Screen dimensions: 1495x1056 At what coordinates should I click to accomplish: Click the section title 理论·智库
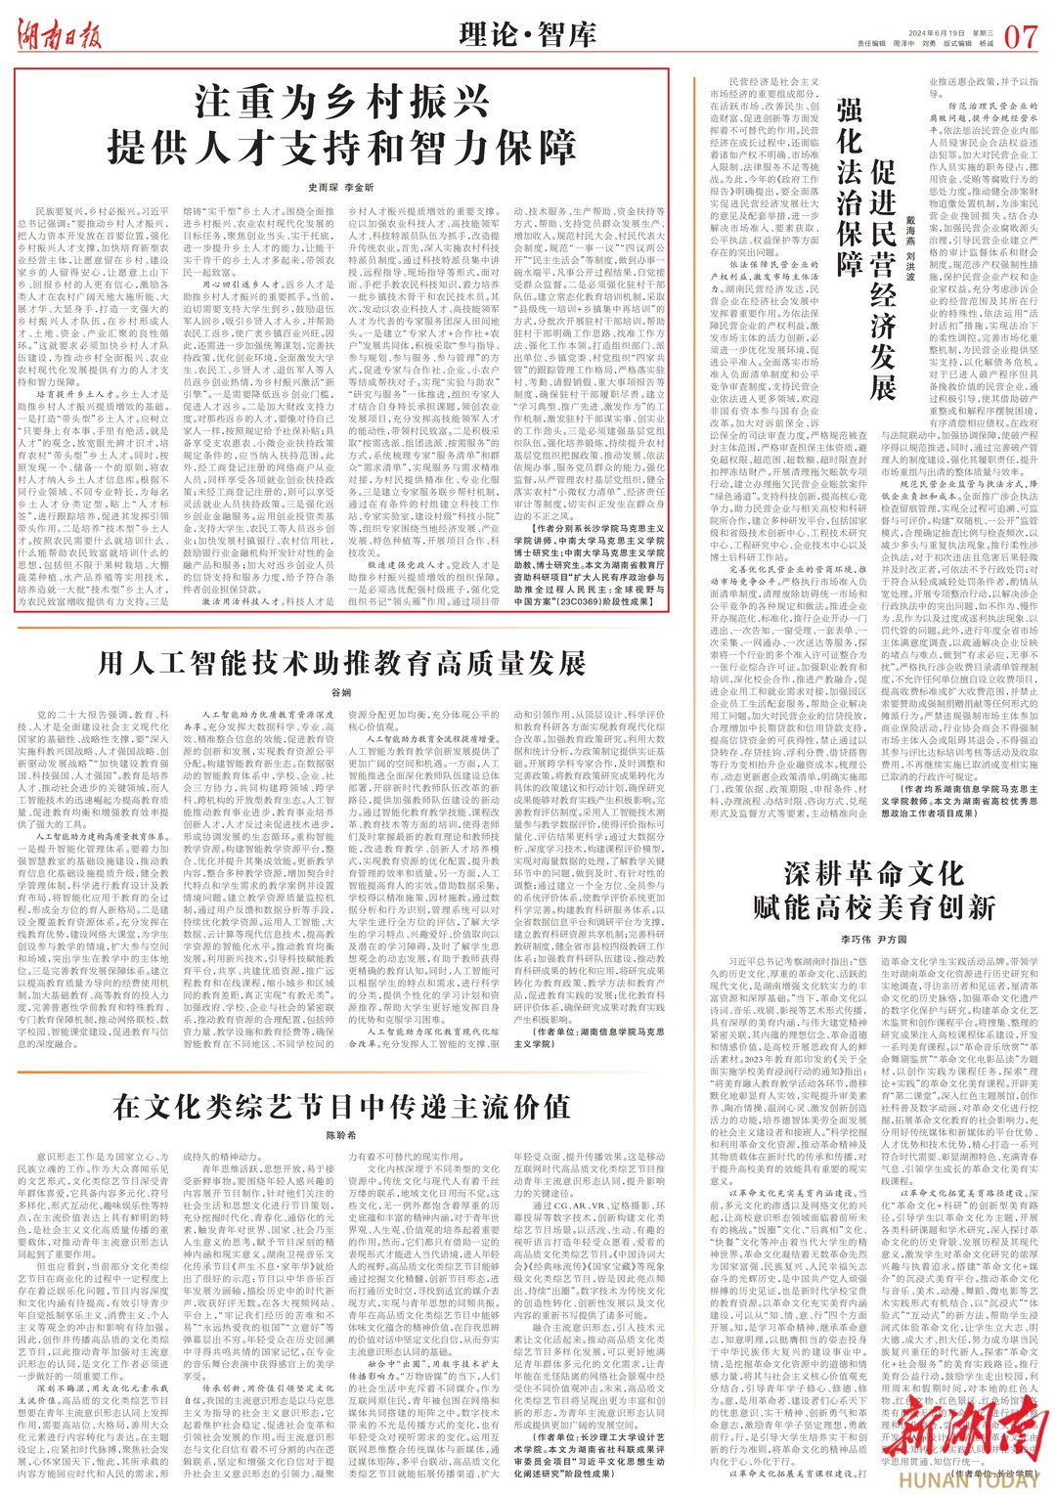(x=527, y=35)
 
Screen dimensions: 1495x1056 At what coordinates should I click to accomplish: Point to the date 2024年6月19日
(x=890, y=29)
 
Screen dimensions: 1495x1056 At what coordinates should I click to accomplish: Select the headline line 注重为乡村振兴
(x=341, y=103)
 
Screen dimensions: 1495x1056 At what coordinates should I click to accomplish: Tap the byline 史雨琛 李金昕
(x=340, y=186)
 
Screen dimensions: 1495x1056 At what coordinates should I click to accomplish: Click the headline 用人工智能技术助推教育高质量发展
(x=341, y=664)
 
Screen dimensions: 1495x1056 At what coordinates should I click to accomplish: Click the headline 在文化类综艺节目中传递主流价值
(x=341, y=1108)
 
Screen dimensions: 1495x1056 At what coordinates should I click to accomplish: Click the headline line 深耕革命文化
(x=874, y=873)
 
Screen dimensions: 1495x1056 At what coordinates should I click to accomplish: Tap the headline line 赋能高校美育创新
(x=874, y=906)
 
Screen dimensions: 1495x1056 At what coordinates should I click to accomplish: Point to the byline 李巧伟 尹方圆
(x=874, y=941)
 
